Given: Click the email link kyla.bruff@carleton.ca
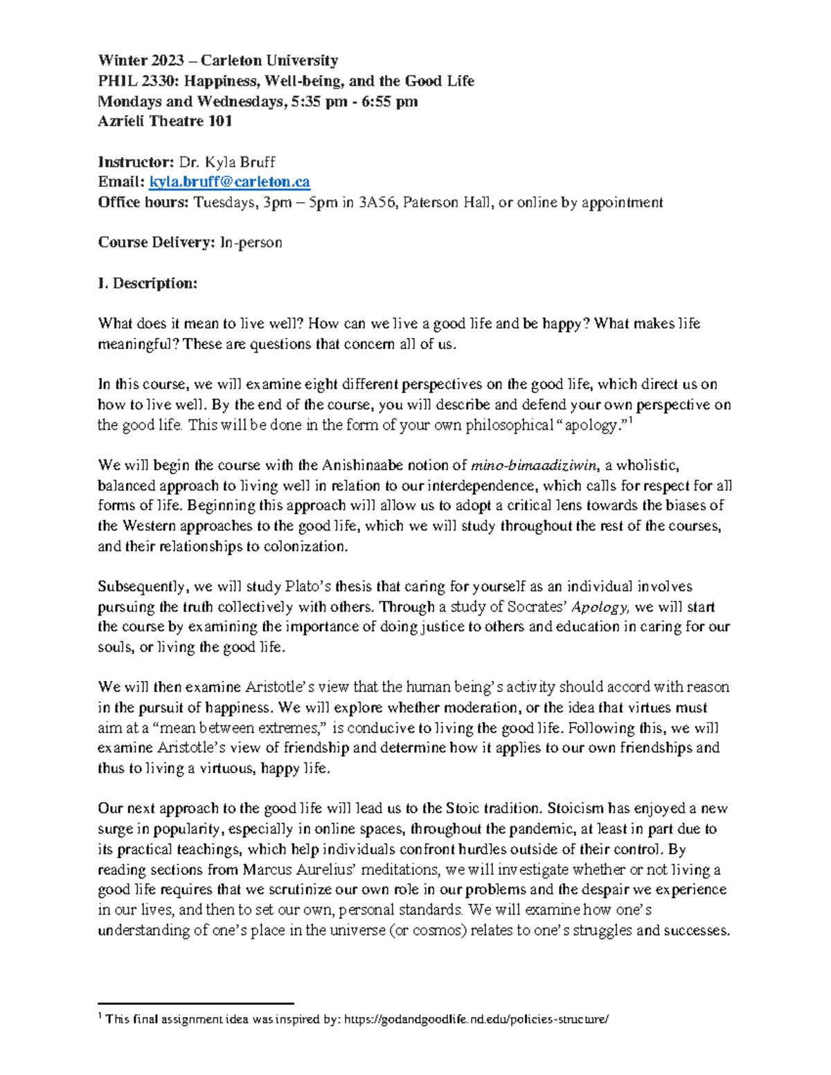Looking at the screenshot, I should pyautogui.click(x=229, y=182).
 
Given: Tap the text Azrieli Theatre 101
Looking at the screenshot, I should pyautogui.click(x=165, y=121).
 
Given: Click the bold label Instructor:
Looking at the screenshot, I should pyautogui.click(x=136, y=162).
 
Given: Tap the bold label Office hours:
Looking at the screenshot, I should pyautogui.click(x=143, y=202).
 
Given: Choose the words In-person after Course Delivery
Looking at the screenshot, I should pyautogui.click(x=251, y=242).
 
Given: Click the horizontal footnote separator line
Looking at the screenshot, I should pyautogui.click(x=196, y=1002).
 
